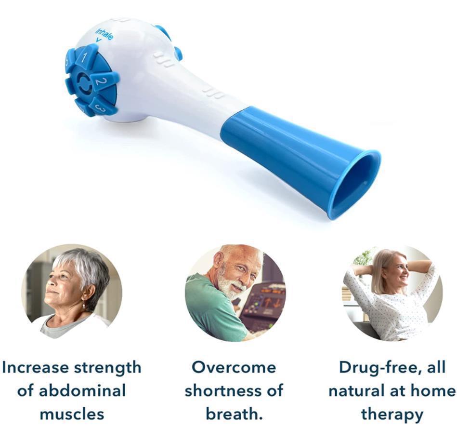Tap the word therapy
(392, 414)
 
